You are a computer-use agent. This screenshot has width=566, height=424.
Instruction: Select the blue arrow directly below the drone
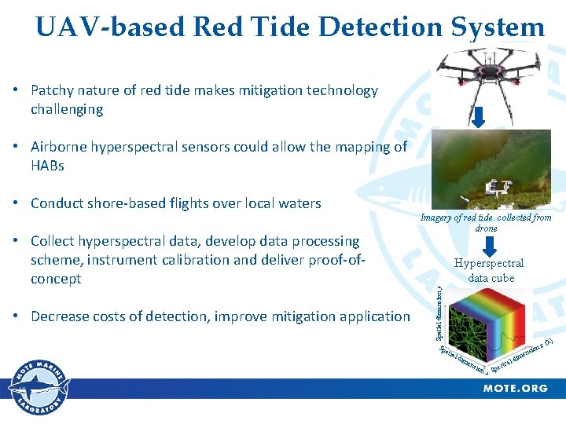coord(479,116)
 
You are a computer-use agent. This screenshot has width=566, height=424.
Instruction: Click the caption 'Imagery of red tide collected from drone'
coord(486,222)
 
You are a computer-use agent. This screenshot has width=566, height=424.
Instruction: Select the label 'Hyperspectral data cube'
coord(491,270)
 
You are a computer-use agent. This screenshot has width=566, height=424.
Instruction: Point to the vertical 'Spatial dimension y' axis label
coord(439,313)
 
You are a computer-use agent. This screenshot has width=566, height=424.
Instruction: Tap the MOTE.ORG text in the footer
coord(515,388)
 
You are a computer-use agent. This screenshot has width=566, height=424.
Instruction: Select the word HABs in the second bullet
coord(47,166)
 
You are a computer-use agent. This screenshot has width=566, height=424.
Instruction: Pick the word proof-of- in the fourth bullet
coord(340,260)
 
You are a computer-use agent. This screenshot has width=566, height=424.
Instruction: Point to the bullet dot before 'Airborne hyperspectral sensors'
coord(17,147)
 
